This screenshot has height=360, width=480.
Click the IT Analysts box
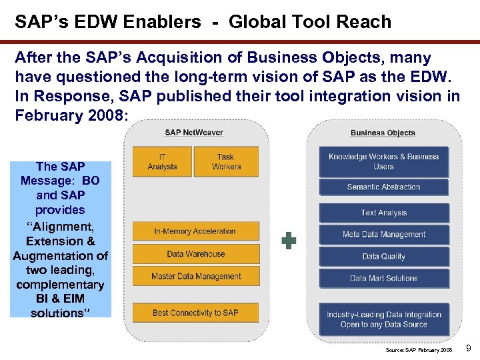(x=162, y=161)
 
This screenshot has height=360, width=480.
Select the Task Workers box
(x=226, y=161)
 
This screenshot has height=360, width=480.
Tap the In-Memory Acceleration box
(x=195, y=231)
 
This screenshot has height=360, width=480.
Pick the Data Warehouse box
(x=195, y=254)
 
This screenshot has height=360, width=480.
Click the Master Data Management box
(x=195, y=276)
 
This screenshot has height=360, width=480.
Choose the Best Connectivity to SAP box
(x=195, y=313)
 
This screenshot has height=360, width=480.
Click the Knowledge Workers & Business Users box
(x=383, y=161)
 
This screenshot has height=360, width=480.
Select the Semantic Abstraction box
(x=383, y=187)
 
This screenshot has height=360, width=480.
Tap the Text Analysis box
(x=383, y=213)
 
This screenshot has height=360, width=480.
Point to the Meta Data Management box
(x=383, y=235)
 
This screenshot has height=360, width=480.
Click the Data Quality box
(x=383, y=257)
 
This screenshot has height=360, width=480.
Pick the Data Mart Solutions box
(x=383, y=278)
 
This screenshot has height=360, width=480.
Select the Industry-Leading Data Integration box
(x=383, y=319)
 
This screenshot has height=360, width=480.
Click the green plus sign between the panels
(x=288, y=241)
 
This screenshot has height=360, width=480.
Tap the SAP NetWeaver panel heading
(x=194, y=133)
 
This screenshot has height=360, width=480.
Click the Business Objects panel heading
(x=383, y=133)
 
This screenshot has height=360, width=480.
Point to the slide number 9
(x=469, y=348)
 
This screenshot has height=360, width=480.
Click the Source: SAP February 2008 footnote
(x=419, y=350)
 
